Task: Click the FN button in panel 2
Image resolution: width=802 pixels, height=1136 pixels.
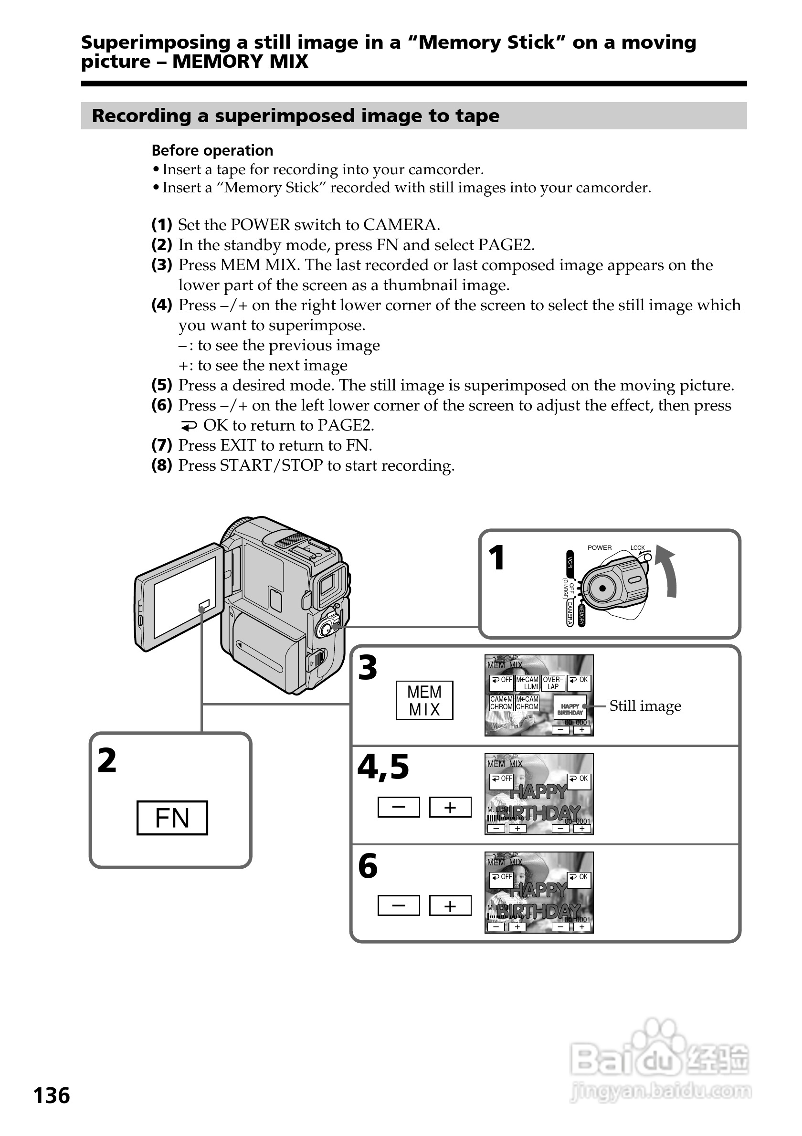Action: tap(172, 818)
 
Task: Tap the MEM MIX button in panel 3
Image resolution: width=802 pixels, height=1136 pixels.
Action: tap(424, 701)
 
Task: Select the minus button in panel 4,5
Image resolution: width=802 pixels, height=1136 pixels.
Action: tap(398, 807)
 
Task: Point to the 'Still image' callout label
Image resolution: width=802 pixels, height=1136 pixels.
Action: tap(644, 705)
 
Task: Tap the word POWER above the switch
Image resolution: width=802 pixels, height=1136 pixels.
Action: tap(599, 548)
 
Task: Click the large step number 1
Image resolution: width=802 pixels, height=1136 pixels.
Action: tap(496, 558)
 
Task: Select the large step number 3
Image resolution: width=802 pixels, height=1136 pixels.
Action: tap(368, 668)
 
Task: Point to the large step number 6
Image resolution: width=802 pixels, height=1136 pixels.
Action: tap(368, 866)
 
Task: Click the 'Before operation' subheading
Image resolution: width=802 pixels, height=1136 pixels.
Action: tap(212, 150)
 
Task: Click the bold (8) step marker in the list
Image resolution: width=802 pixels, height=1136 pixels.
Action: tap(162, 465)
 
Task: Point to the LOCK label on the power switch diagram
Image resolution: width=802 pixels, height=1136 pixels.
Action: tap(637, 548)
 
